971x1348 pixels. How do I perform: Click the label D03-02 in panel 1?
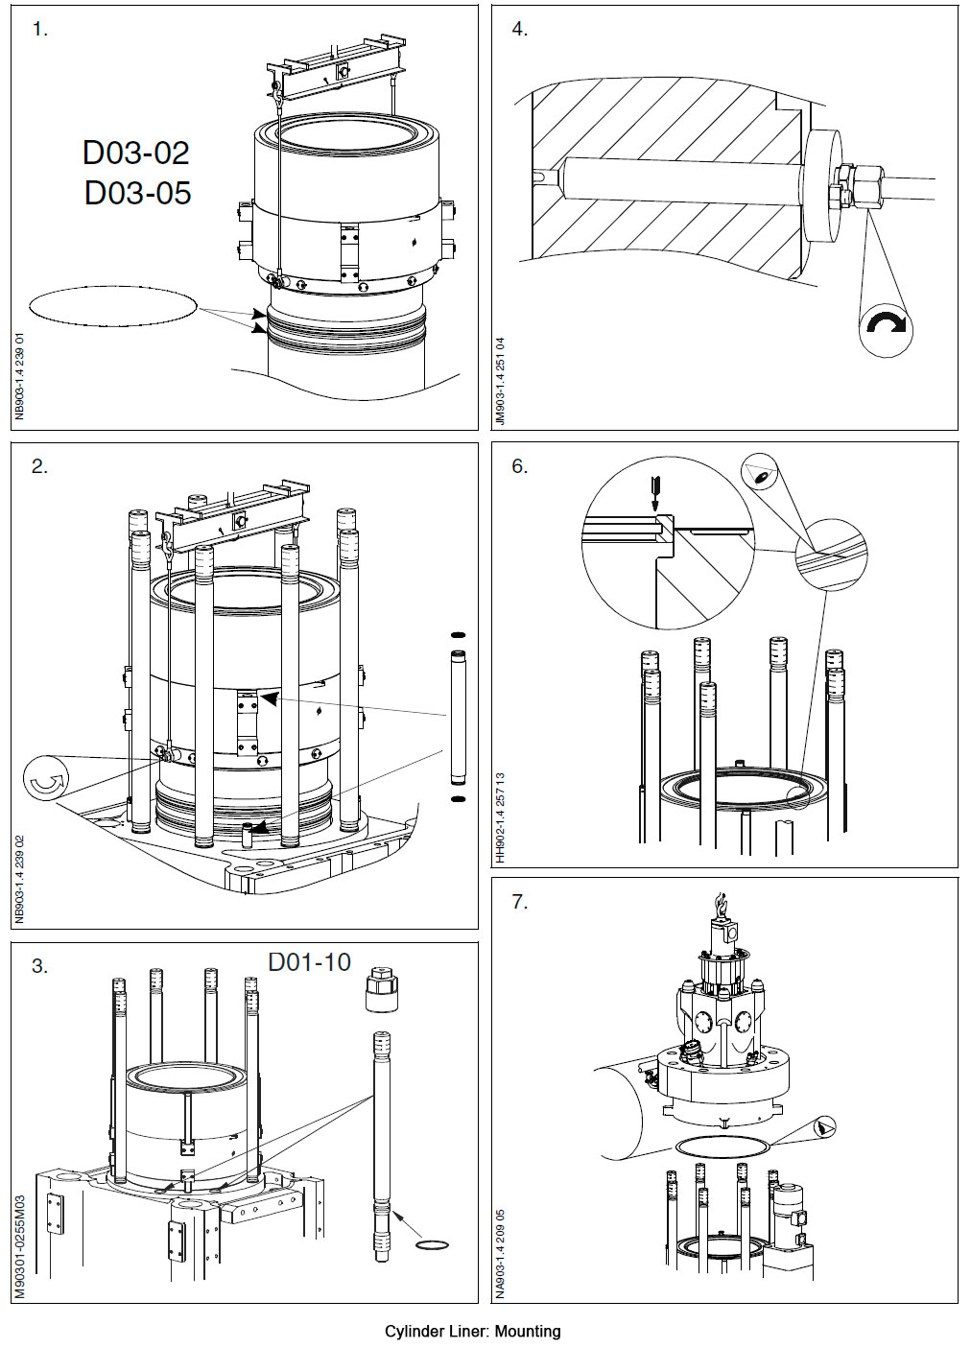[135, 153]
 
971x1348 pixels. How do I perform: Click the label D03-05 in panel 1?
[137, 193]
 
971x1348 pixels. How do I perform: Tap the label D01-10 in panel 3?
[309, 962]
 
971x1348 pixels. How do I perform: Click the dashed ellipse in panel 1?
[113, 306]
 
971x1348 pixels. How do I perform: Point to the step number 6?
[519, 466]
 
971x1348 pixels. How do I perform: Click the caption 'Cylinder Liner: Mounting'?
[472, 1331]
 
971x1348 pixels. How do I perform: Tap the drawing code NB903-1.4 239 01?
[21, 376]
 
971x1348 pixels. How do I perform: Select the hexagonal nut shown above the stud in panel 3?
[382, 991]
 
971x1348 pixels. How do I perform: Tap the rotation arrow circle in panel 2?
[45, 782]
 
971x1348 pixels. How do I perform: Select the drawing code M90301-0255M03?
[21, 1246]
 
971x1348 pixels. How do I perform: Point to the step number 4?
[519, 29]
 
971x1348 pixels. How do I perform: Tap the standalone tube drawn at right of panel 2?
[458, 716]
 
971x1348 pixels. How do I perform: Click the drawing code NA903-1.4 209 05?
[501, 1253]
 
